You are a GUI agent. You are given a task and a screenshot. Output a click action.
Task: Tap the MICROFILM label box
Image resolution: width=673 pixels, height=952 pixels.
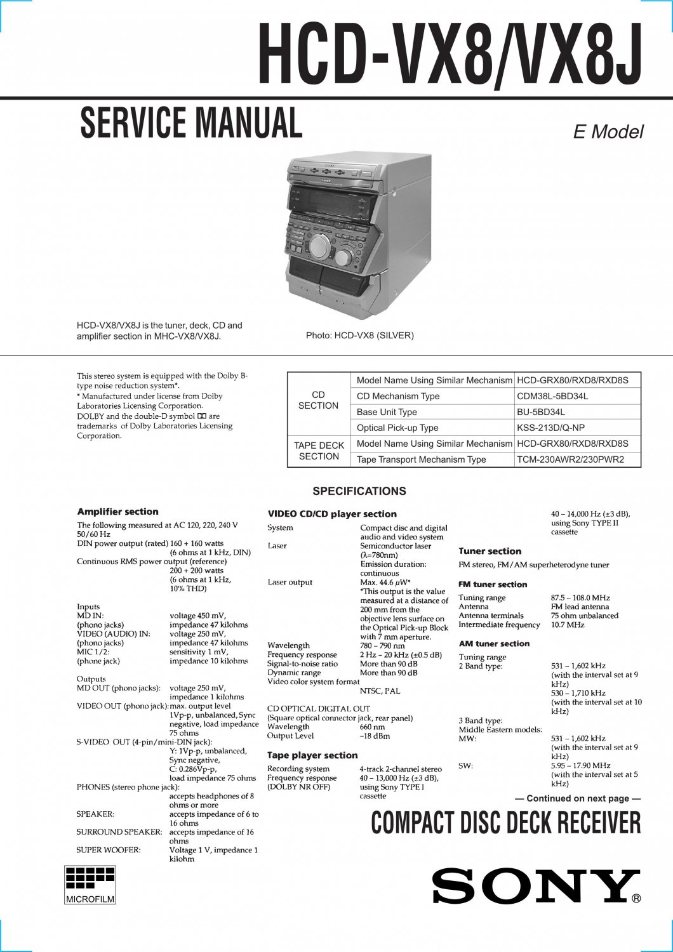point(90,899)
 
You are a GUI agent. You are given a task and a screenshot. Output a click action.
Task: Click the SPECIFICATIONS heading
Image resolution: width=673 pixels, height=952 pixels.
point(359,491)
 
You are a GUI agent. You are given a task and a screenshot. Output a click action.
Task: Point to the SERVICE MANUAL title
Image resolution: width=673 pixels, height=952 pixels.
point(191,123)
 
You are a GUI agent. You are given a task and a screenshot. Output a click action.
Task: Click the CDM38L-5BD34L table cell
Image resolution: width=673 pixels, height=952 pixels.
point(552,396)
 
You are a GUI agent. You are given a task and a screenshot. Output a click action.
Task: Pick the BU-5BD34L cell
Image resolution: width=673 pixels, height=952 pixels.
point(541,412)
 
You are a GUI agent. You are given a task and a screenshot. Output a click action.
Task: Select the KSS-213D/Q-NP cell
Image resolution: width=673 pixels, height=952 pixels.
point(550,428)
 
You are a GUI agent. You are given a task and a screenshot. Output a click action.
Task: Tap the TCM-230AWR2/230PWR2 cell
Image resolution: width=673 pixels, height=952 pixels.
point(570,459)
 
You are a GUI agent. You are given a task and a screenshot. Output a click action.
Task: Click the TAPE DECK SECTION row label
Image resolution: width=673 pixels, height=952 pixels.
point(319,451)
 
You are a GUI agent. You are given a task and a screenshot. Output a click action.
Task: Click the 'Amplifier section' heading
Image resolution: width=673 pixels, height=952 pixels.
point(117,512)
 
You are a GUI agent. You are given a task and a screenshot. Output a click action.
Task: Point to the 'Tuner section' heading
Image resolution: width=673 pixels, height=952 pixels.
point(490,552)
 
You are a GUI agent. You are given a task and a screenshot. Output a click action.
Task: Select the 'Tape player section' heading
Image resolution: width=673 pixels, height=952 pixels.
point(312,755)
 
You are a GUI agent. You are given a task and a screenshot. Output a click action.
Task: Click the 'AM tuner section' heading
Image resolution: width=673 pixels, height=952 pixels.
point(494,644)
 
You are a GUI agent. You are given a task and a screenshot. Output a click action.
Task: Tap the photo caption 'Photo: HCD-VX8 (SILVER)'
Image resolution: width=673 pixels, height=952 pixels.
point(359,335)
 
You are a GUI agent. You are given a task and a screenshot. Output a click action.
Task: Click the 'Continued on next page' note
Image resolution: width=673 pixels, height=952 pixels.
point(577,798)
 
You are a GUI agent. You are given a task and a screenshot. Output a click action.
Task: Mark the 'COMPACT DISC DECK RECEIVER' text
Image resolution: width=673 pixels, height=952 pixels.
point(506,823)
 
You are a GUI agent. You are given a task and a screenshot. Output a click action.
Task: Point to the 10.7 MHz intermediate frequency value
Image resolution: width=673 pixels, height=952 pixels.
point(567,625)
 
